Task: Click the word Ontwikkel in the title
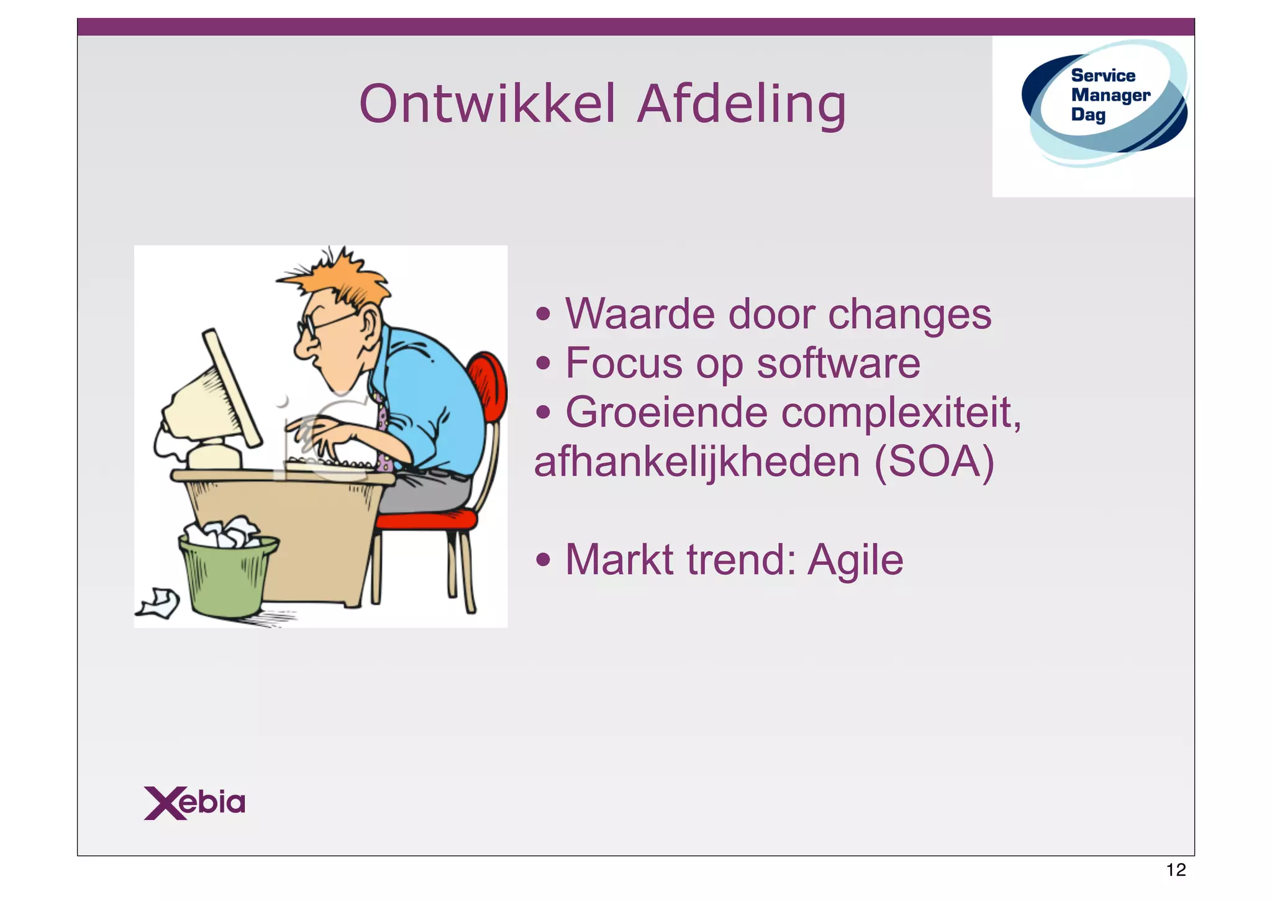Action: point(488,104)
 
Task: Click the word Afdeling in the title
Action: point(742,104)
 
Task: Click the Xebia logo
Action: point(194,802)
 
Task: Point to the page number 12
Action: point(1176,870)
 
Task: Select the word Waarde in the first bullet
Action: point(640,314)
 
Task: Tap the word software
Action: point(838,364)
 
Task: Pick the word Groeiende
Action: point(666,413)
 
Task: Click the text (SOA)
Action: point(934,462)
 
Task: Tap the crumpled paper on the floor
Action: point(159,604)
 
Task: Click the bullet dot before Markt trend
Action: point(543,560)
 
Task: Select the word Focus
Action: point(624,364)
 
